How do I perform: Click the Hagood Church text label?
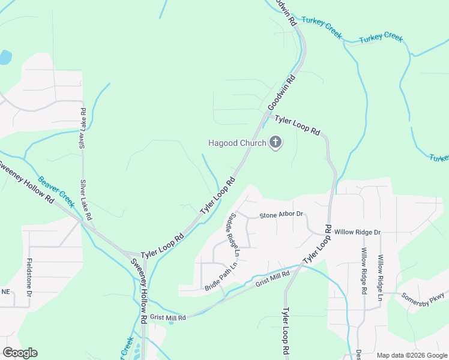237,143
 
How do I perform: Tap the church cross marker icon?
276,142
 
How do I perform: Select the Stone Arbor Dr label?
282,215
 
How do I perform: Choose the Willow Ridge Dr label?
358,232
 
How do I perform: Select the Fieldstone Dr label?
29,278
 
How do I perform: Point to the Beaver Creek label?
56,191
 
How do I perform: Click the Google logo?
20,353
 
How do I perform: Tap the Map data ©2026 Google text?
411,355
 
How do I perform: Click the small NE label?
6,292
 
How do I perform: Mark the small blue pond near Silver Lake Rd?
5,58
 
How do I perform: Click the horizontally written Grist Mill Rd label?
169,317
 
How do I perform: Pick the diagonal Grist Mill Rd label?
273,278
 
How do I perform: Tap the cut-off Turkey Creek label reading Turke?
439,158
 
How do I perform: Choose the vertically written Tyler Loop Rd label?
286,333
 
